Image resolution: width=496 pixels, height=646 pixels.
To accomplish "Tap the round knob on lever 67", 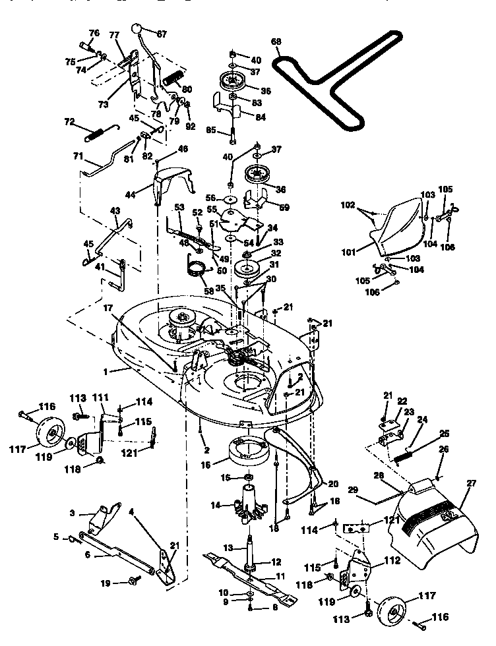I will tap(137, 30).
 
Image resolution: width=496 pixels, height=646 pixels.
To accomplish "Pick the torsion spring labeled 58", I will tap(196, 268).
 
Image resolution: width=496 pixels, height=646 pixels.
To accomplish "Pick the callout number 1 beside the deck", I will tap(106, 371).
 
